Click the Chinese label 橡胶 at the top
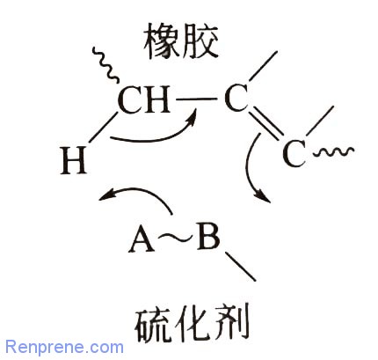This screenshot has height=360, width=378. click(x=182, y=41)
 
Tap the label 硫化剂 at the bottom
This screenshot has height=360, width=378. click(x=192, y=322)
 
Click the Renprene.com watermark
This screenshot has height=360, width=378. click(x=64, y=347)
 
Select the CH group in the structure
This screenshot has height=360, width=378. click(x=143, y=99)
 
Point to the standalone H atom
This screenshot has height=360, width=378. click(x=74, y=160)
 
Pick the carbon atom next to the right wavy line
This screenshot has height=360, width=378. click(x=294, y=153)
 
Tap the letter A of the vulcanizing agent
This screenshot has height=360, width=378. click(x=142, y=240)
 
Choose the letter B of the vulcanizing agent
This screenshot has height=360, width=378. click(x=208, y=237)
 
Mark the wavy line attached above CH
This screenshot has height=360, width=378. click(x=105, y=64)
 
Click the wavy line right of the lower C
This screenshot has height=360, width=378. click(x=333, y=152)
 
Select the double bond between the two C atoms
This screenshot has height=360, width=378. click(x=265, y=123)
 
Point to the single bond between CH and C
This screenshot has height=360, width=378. click(x=196, y=99)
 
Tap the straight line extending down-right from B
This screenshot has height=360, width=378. click(x=240, y=266)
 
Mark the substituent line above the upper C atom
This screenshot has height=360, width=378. click(x=263, y=66)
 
